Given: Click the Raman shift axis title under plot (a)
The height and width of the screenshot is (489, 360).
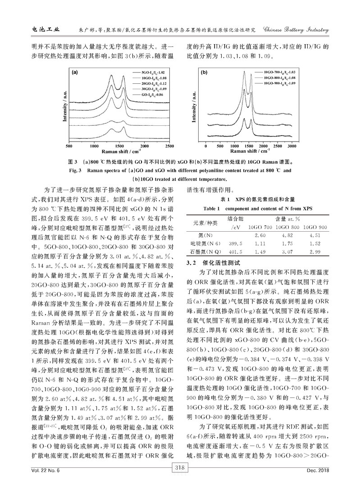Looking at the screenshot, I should [119, 153].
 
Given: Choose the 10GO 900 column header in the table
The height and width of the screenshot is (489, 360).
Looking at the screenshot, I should [316, 226].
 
